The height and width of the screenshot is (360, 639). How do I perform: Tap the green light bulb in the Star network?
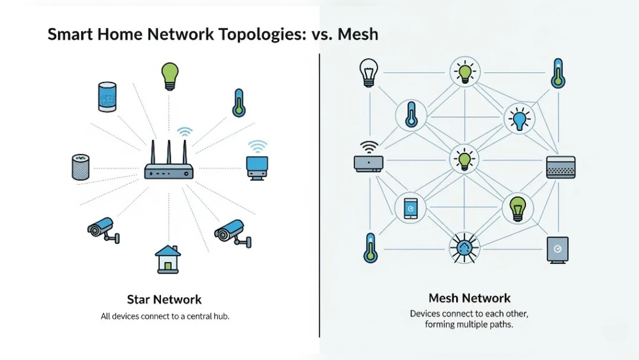coord(169,75)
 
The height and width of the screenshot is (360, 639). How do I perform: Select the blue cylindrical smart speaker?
coord(107,97)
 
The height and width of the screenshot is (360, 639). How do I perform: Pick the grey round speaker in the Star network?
coord(79,166)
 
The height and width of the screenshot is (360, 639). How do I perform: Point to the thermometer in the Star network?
coord(239,103)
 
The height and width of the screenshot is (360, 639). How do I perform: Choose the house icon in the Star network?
coord(167,258)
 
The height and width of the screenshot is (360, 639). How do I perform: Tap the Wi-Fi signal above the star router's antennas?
coord(185,132)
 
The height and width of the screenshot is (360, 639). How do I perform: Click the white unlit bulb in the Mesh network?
coord(368,72)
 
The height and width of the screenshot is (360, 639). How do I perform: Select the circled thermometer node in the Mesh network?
coord(410,115)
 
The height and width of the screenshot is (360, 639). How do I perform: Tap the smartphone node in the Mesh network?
coord(410,207)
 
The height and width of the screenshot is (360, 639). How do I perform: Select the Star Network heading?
coord(164,299)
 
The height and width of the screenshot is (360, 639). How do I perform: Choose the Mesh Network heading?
coord(469,298)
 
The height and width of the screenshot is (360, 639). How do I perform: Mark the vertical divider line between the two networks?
coord(319,192)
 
